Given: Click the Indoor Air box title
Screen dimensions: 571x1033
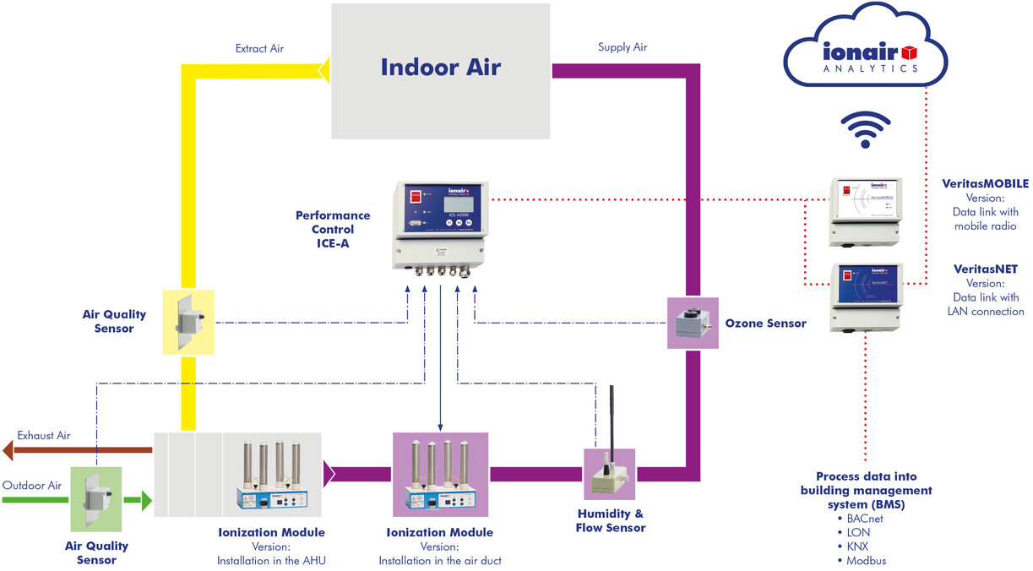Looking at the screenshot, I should (x=440, y=68).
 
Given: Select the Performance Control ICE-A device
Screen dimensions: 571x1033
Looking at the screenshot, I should (x=438, y=226).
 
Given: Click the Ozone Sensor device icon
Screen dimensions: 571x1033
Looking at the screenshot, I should (x=693, y=323).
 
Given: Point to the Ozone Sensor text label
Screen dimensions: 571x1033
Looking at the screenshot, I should (x=765, y=324).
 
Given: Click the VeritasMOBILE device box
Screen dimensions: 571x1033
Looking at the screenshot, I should (x=866, y=211).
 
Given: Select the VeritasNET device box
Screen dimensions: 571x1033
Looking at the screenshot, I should (x=866, y=296).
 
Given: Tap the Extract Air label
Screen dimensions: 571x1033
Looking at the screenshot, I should (x=259, y=49).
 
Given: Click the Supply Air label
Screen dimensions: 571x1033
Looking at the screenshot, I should (x=622, y=47).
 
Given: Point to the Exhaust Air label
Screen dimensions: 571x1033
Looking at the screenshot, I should (x=44, y=436).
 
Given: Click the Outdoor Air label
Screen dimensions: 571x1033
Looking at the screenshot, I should (x=32, y=486).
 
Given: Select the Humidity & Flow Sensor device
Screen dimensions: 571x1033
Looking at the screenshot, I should (x=609, y=464).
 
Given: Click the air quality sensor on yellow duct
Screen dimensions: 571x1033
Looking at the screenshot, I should (x=188, y=322).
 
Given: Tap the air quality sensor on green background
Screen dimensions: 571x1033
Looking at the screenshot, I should (x=96, y=498).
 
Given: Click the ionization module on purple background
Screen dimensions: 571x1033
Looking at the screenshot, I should (x=440, y=474).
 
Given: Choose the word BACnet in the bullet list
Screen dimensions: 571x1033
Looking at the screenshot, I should (x=868, y=518).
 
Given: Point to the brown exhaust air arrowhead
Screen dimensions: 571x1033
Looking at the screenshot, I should (x=8, y=450).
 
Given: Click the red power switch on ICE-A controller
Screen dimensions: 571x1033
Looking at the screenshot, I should (x=416, y=197).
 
